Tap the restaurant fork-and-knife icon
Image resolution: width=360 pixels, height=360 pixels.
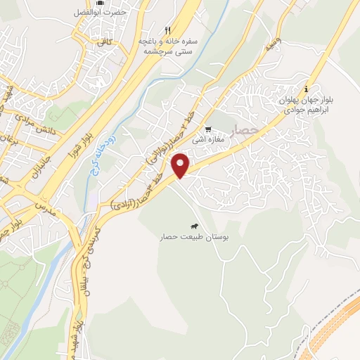pyautogui.click(x=167, y=30)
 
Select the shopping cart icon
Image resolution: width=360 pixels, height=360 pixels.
pyautogui.click(x=208, y=129)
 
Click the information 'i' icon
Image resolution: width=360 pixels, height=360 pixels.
pyautogui.click(x=306, y=89)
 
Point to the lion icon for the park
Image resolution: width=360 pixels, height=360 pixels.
pyautogui.click(x=193, y=226)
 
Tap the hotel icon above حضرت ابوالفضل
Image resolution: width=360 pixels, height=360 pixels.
pyautogui.click(x=99, y=3)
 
